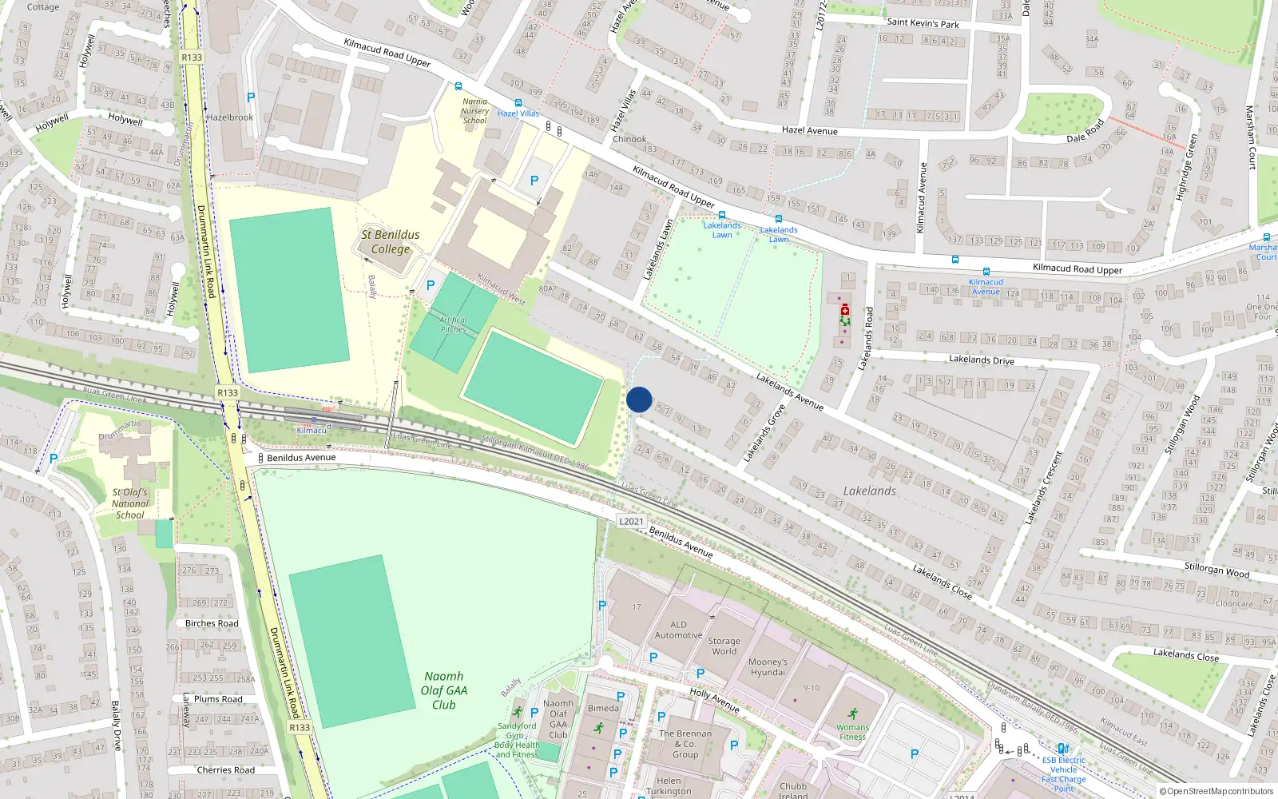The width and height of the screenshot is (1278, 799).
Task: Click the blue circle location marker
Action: pyautogui.click(x=639, y=399)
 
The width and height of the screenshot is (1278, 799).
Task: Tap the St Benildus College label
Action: pyautogui.click(x=390, y=241)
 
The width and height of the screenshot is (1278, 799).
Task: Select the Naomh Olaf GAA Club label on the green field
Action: pyautogui.click(x=444, y=690)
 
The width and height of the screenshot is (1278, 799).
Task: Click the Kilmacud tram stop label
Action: pyautogui.click(x=312, y=430)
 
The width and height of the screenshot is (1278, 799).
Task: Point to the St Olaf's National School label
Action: pyautogui.click(x=129, y=503)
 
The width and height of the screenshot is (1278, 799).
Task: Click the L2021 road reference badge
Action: pyautogui.click(x=631, y=521)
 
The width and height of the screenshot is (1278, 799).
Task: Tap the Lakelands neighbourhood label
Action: pyautogui.click(x=869, y=491)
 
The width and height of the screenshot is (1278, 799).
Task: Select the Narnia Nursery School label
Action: pyautogui.click(x=474, y=111)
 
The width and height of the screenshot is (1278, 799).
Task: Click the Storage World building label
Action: pyautogui.click(x=724, y=646)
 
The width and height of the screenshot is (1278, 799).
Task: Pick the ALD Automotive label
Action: pyautogui.click(x=678, y=630)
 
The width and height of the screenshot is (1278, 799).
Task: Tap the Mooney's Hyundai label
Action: pyautogui.click(x=768, y=666)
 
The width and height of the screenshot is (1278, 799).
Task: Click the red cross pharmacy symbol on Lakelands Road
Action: pyautogui.click(x=845, y=309)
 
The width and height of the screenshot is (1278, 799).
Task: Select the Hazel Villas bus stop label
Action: pyautogui.click(x=518, y=113)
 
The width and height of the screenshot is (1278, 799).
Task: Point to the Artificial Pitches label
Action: pyautogui.click(x=453, y=324)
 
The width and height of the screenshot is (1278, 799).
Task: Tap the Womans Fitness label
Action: pyautogui.click(x=852, y=731)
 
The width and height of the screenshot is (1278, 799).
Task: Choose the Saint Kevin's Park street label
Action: pyautogui.click(x=923, y=23)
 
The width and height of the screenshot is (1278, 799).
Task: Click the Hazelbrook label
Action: pyautogui.click(x=230, y=117)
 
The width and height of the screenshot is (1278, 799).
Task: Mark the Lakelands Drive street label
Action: pyautogui.click(x=981, y=360)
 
